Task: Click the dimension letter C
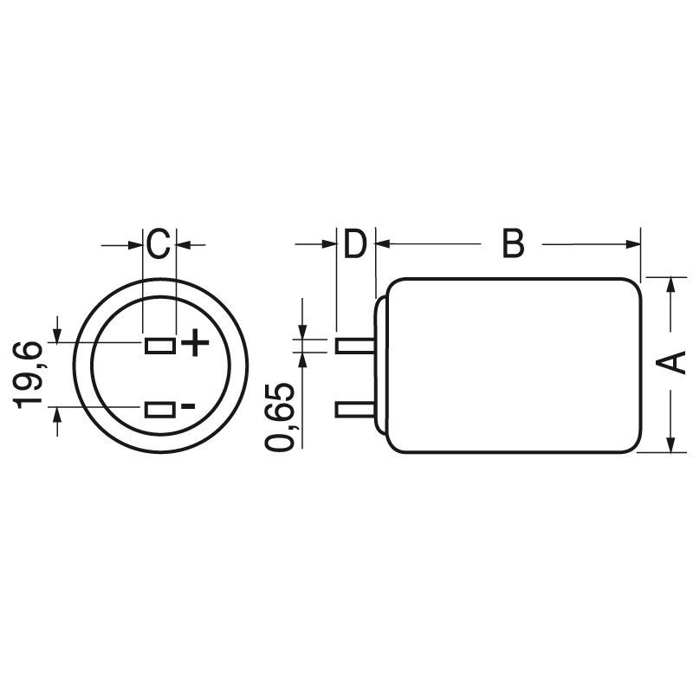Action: [158, 244]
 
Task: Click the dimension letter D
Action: [354, 244]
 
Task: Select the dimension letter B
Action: [513, 244]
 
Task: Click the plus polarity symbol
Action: [196, 344]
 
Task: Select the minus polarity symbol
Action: [189, 406]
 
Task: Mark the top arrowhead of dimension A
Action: [671, 284]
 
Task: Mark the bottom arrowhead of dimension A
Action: [671, 444]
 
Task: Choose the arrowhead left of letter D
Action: [328, 245]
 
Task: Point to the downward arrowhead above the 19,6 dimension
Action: [57, 334]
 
